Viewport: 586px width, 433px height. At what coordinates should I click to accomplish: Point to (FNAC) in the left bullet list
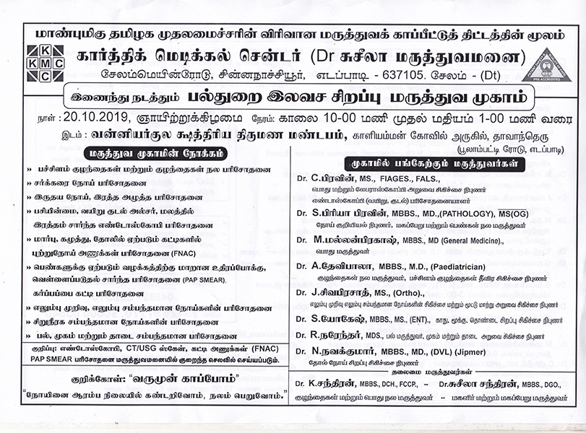[158, 253]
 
